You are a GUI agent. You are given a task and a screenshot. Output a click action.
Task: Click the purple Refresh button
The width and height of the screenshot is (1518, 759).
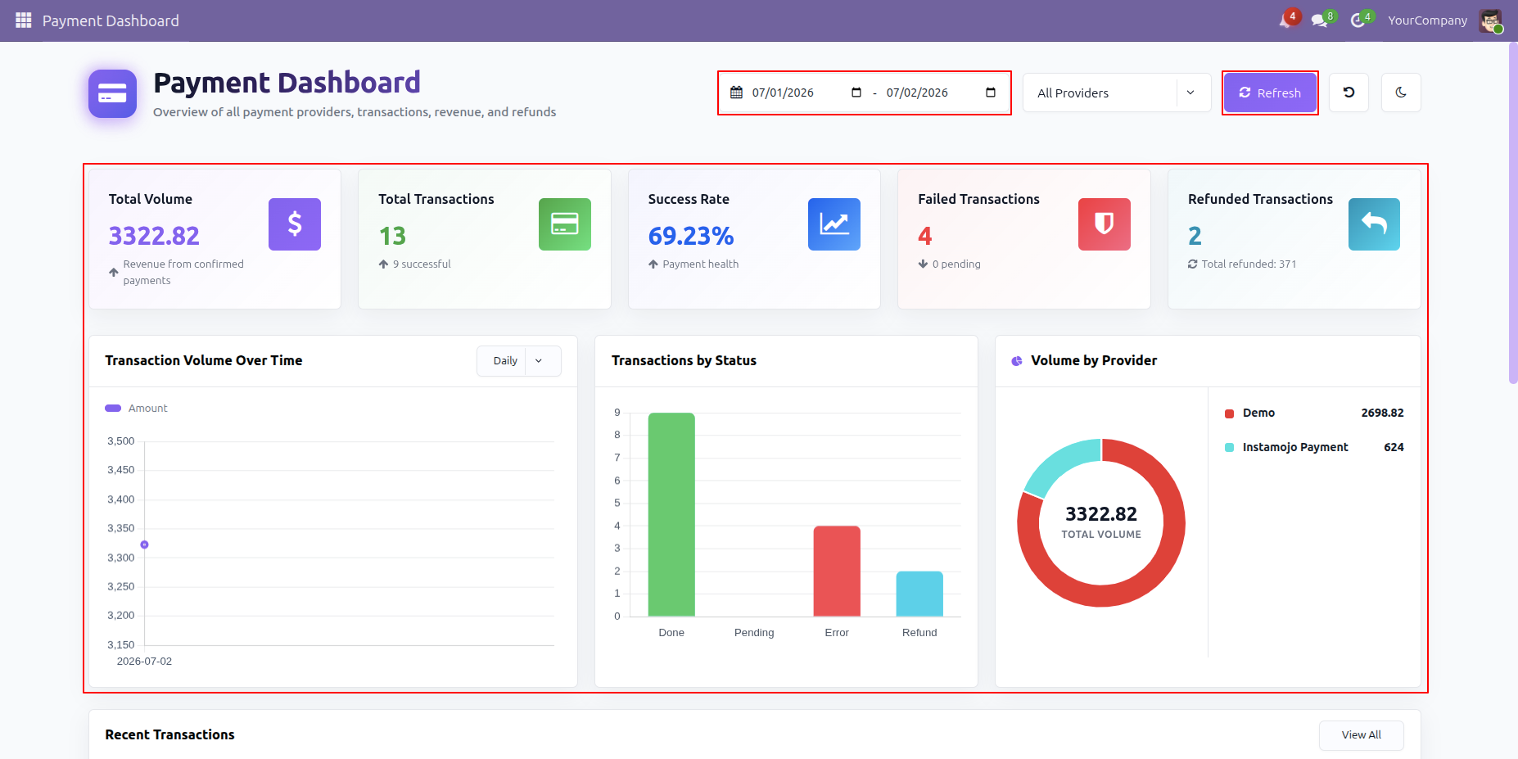(1270, 93)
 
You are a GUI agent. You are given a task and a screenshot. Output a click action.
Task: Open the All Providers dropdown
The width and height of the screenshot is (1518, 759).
(1117, 93)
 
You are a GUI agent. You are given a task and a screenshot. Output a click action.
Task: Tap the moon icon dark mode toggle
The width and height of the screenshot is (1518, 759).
(1401, 93)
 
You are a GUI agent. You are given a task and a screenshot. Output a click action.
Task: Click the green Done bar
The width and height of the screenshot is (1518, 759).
(671, 514)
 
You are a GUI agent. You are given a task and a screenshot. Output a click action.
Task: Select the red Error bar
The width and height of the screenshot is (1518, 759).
(837, 571)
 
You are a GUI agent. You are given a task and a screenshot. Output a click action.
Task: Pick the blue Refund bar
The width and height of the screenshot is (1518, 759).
(919, 594)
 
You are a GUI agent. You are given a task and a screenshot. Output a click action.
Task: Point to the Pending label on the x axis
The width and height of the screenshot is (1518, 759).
(754, 633)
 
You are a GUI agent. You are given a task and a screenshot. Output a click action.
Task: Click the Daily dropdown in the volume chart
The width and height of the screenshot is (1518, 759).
(519, 361)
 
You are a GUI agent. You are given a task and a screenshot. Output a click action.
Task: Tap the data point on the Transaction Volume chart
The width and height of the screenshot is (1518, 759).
(144, 544)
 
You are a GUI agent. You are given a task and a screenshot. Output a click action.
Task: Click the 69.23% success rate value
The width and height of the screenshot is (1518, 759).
(691, 236)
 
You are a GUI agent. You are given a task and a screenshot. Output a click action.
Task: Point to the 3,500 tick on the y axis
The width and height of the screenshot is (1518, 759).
(121, 441)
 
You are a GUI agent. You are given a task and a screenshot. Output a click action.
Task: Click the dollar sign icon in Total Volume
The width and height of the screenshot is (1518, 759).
(295, 224)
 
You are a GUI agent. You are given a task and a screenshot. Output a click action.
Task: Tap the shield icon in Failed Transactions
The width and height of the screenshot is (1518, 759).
(1105, 224)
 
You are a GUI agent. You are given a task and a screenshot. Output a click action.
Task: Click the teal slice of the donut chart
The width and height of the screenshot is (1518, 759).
(1057, 463)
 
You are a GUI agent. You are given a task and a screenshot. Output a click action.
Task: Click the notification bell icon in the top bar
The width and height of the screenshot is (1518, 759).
(1286, 20)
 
